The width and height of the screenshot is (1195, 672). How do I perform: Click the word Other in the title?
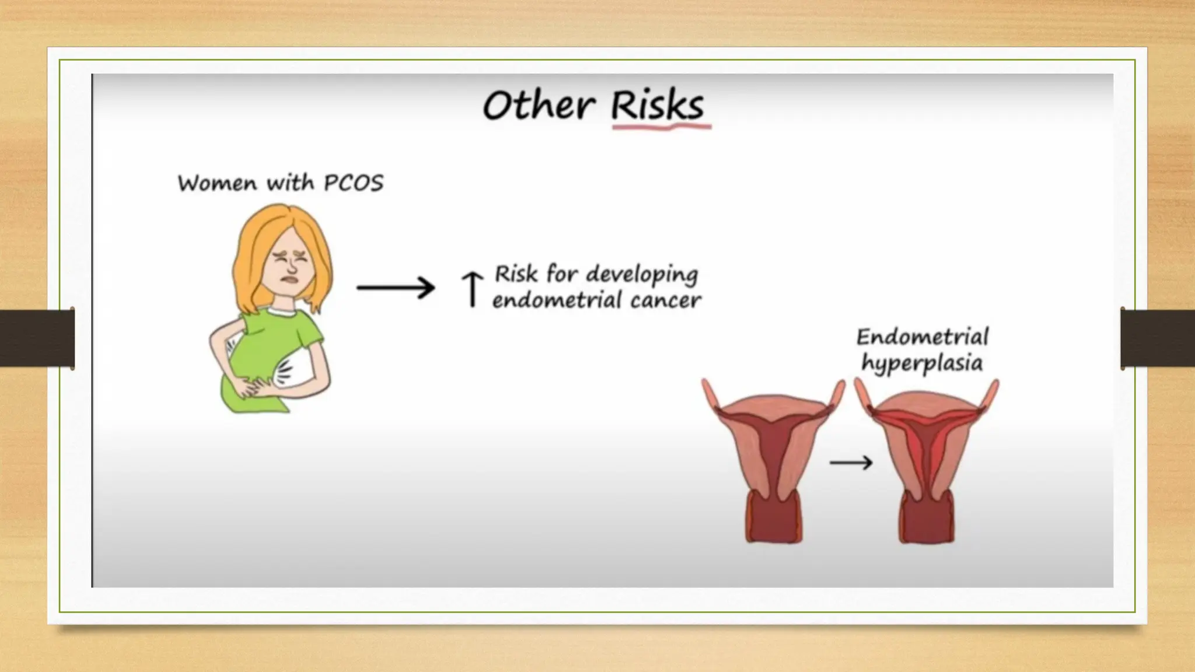click(539, 106)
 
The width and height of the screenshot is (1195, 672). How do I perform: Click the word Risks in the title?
click(657, 106)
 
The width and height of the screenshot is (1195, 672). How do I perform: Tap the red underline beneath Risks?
click(661, 126)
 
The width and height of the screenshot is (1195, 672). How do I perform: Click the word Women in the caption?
click(217, 183)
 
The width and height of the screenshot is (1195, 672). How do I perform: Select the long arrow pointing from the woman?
click(396, 288)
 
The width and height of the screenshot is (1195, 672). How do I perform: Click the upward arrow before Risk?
click(472, 289)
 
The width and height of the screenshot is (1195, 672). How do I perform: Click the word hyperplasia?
click(922, 364)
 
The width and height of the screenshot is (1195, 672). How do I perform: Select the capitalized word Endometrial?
click(922, 337)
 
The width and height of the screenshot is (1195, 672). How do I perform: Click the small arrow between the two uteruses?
click(851, 463)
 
